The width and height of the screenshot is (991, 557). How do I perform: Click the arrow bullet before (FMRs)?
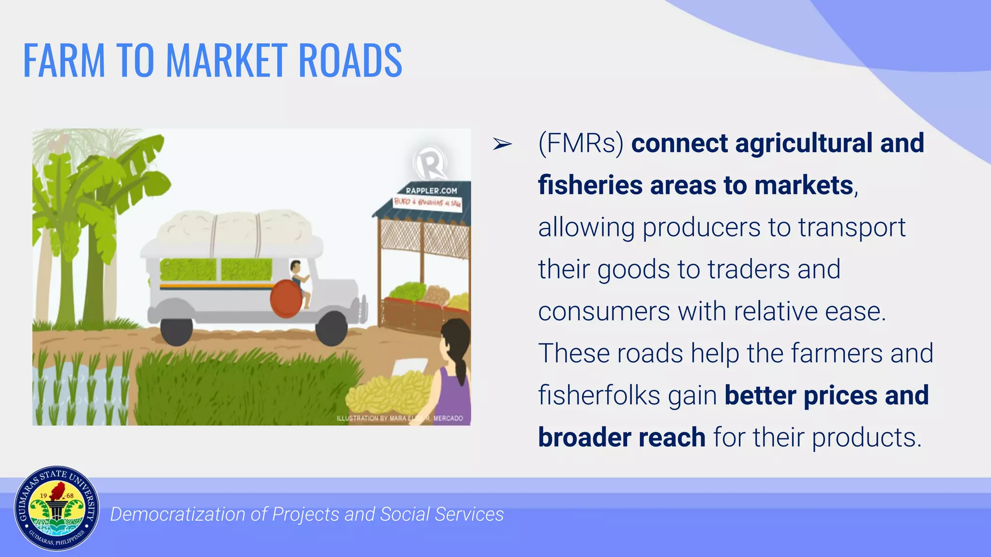pyautogui.click(x=502, y=144)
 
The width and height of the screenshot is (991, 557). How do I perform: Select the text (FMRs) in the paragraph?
pyautogui.click(x=581, y=144)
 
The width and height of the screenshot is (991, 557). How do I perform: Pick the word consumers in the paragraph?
pyautogui.click(x=604, y=312)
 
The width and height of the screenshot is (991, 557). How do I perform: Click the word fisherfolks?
pyautogui.click(x=599, y=396)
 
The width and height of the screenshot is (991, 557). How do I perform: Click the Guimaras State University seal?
pyautogui.click(x=57, y=509)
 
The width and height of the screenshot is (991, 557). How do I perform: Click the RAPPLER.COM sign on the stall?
pyautogui.click(x=431, y=191)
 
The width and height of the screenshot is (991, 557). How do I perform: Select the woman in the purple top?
pyautogui.click(x=455, y=372)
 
